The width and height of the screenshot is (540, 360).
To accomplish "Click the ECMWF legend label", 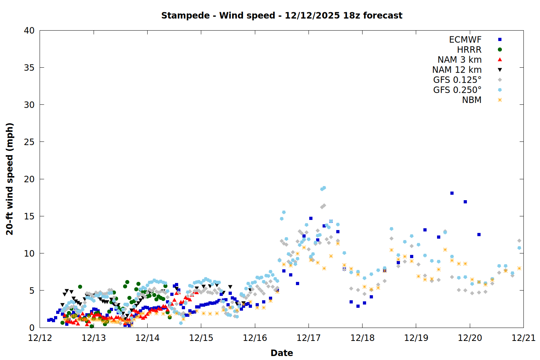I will coord(465,40).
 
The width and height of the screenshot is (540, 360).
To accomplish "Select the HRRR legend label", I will coord(469,50).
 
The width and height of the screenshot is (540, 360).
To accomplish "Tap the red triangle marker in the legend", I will coord(500,59).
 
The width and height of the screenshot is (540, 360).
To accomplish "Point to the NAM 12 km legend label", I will coord(457,70).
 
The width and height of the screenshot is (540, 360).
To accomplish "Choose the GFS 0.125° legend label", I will coord(457,80).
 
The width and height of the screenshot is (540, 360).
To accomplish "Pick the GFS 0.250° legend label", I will coord(457,90).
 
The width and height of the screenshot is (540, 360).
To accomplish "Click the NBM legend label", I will coord(472,100).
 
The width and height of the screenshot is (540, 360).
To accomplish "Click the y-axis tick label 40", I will coord(29,31).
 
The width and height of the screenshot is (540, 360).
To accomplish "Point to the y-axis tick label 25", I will coord(29,142).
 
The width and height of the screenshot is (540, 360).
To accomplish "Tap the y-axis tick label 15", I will coord(29,216).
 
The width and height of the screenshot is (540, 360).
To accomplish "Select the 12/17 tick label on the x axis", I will coord(309,338).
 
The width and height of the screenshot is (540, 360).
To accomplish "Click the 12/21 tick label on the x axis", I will coord(523,338).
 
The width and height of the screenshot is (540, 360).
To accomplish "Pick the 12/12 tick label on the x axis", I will coord(40,338).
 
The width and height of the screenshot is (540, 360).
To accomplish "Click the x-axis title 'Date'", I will coord(282,353).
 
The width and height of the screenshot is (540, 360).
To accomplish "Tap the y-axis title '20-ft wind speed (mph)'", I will coord(10,179).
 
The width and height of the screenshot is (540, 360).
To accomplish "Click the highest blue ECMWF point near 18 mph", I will coord(452,193).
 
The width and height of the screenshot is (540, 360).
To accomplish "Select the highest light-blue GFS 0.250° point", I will coord(324,188).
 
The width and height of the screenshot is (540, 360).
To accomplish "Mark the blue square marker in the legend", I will coord(500,40).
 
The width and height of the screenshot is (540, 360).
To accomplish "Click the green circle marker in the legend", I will coord(500,50).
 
